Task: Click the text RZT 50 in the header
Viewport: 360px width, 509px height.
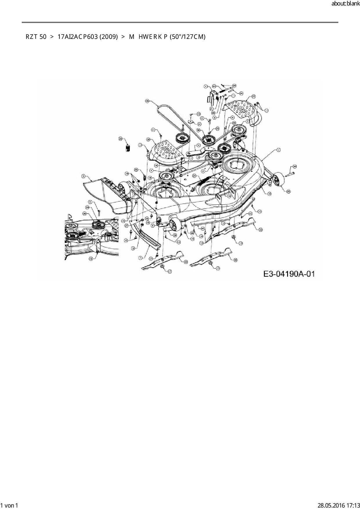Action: coord(36,37)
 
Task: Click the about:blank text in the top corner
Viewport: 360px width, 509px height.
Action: coord(345,4)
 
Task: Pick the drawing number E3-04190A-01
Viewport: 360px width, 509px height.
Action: coord(289,274)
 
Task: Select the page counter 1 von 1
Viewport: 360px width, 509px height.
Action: coord(9,505)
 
